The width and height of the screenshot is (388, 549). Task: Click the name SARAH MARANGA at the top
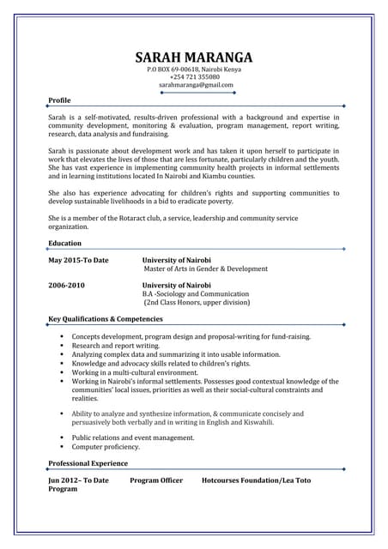194,57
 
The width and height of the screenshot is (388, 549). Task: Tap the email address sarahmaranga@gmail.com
196,85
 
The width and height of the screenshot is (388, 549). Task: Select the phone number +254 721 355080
194,77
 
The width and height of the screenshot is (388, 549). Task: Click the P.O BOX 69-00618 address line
194,69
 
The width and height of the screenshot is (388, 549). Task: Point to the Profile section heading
60,100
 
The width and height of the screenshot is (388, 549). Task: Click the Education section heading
65,244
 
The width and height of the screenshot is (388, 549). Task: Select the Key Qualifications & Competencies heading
106,319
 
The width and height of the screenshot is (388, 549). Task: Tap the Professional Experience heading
88,463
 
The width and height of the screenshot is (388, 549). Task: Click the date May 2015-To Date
78,260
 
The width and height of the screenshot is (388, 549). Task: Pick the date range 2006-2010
66,285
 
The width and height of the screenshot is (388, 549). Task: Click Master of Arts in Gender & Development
206,268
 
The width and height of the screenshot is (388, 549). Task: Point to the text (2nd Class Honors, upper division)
197,302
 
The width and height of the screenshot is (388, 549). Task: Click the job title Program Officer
156,480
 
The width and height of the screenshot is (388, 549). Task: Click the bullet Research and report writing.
115,346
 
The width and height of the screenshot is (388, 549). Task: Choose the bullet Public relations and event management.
132,437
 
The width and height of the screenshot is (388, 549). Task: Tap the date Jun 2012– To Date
78,480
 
